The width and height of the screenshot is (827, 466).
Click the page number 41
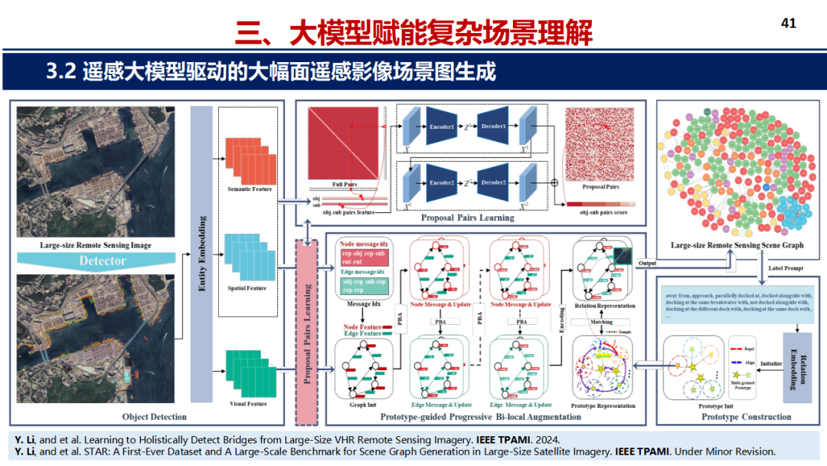[788, 23]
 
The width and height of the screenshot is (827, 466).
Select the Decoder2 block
[494, 182]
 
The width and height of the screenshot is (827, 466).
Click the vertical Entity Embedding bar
[201, 254]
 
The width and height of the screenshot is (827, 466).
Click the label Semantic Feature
[250, 189]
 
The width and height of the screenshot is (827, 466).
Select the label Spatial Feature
[247, 288]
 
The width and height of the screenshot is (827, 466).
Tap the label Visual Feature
[247, 403]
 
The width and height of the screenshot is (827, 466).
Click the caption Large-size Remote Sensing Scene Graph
[737, 245]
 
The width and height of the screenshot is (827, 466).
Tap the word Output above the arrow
[647, 262]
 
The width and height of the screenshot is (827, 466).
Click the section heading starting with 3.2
[271, 72]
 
